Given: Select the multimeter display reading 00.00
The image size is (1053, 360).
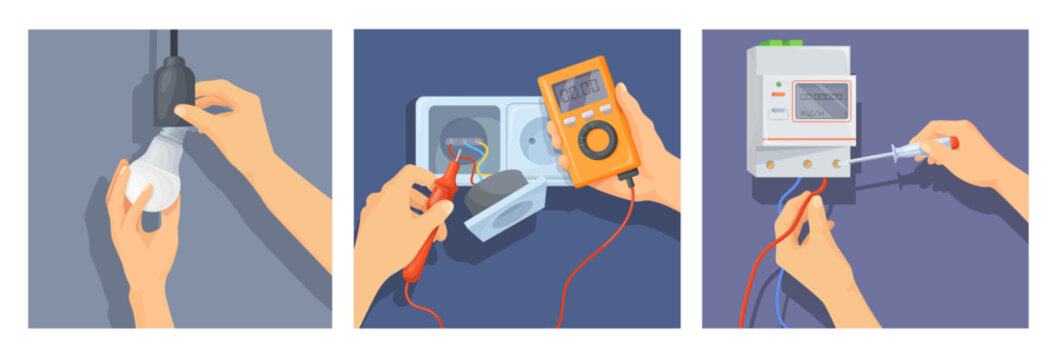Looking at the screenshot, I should (x=581, y=92).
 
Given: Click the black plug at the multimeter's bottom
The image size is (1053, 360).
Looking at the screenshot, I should (x=628, y=178).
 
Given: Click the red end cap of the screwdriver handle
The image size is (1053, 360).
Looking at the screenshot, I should (x=953, y=143).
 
